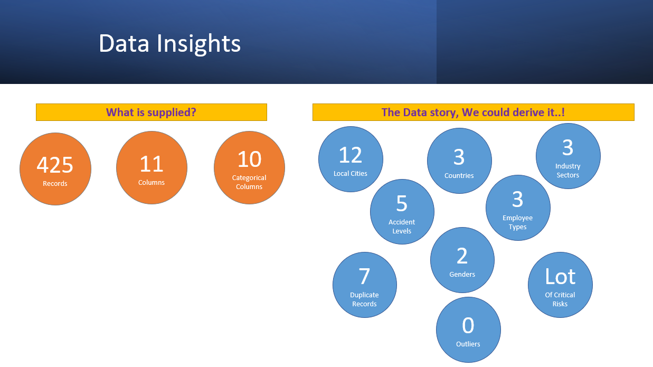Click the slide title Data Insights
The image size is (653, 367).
pos(169,44)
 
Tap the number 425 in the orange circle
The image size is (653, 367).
pos(55,165)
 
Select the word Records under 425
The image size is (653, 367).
pos(55,183)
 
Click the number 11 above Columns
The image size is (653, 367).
pos(152,164)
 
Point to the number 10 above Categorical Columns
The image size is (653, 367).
pos(249,159)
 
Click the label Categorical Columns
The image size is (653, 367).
pos(249,182)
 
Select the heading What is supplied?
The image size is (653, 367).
pos(151,112)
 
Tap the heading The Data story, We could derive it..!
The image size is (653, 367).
pos(473,112)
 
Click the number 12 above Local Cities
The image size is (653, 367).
pos(351,155)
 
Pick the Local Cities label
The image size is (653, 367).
pos(351,173)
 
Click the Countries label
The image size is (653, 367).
pos(459,175)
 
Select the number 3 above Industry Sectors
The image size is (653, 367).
pos(567,147)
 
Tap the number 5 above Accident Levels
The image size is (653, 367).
pos(402,203)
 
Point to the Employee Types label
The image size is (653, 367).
pos(518,222)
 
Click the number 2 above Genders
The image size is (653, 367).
pos(462,256)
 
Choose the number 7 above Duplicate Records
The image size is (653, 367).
pos(364,276)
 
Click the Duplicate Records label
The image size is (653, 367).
pos(364,299)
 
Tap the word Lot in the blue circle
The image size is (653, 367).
pos(560,276)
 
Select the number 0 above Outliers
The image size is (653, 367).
pos(468,325)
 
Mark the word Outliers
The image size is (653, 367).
pos(468,344)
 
